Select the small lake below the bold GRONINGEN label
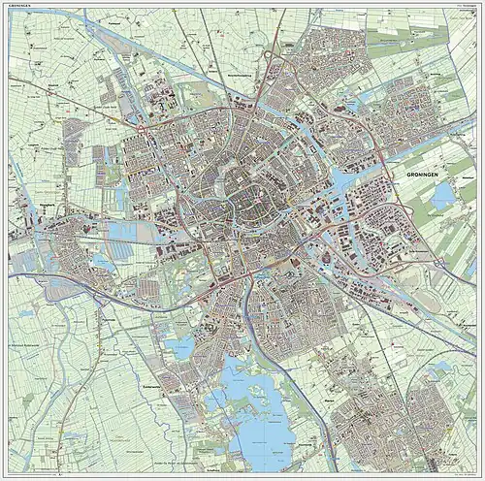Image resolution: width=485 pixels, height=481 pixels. pos(442,198)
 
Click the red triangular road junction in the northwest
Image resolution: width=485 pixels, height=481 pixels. pos(143,125)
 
